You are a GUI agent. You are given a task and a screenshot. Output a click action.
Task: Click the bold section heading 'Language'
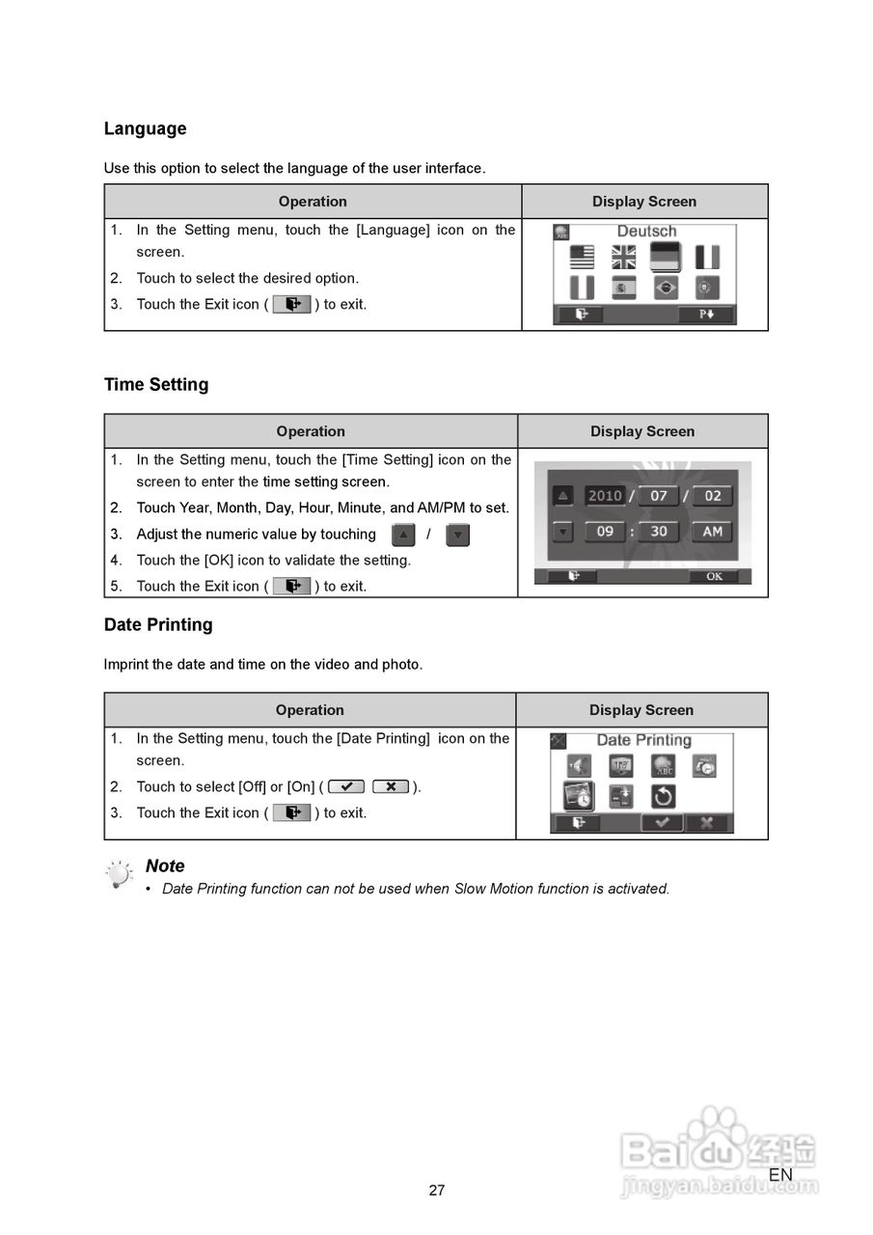[x=145, y=129]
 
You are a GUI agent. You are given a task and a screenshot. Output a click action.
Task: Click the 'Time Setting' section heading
[x=156, y=385]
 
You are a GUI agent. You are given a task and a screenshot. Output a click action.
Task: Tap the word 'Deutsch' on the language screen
[x=646, y=232]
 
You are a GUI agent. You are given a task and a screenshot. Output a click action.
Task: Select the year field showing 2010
[x=605, y=496]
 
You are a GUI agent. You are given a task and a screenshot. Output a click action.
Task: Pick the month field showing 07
[x=658, y=496]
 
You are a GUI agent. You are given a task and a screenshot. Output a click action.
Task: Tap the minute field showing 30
[x=658, y=532]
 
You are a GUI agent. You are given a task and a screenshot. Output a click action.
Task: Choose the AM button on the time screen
[x=712, y=532]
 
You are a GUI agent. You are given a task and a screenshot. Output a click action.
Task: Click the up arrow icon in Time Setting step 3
[x=404, y=535]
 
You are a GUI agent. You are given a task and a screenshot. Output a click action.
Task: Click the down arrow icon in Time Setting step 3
[x=458, y=535]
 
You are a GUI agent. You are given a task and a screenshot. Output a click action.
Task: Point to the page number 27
[x=437, y=1191]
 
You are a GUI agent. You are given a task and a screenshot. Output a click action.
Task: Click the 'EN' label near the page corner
[x=780, y=1175]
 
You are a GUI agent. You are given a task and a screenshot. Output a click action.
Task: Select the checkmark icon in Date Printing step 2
[x=346, y=787]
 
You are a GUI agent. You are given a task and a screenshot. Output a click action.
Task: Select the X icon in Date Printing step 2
[x=391, y=787]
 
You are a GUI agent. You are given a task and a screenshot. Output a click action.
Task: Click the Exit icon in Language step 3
[x=291, y=305]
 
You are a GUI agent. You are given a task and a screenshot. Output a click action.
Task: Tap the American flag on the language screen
[x=582, y=257]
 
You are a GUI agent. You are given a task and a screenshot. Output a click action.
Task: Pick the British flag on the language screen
[x=624, y=257]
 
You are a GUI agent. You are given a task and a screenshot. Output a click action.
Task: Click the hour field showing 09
[x=605, y=532]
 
